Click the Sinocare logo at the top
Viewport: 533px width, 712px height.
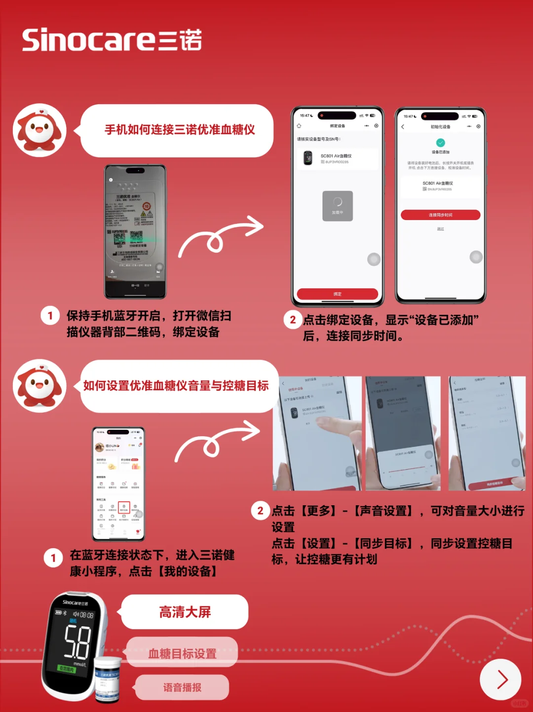pyautogui.click(x=112, y=39)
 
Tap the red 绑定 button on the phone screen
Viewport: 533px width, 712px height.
pyautogui.click(x=337, y=294)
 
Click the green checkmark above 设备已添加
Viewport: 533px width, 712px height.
pyautogui.click(x=440, y=143)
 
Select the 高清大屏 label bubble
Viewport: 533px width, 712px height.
pyautogui.click(x=185, y=612)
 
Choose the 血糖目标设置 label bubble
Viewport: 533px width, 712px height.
pyautogui.click(x=182, y=653)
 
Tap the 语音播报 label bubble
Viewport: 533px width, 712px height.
pyautogui.click(x=182, y=687)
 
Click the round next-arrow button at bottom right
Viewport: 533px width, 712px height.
pyautogui.click(x=500, y=679)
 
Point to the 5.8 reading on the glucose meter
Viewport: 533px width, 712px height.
pyautogui.click(x=77, y=641)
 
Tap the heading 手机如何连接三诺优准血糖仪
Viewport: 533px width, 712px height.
pyautogui.click(x=179, y=130)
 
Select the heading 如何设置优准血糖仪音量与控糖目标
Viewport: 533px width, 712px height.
pyautogui.click(x=176, y=386)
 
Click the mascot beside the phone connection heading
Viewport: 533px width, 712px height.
pyautogui.click(x=39, y=131)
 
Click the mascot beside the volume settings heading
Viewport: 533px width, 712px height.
pyautogui.click(x=39, y=386)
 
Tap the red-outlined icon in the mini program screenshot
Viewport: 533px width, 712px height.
pyautogui.click(x=124, y=507)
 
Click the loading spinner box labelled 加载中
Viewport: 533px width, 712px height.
pyautogui.click(x=338, y=206)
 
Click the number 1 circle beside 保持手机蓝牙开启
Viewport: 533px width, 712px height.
pyautogui.click(x=50, y=316)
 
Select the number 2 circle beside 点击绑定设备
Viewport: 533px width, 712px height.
pyautogui.click(x=293, y=320)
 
